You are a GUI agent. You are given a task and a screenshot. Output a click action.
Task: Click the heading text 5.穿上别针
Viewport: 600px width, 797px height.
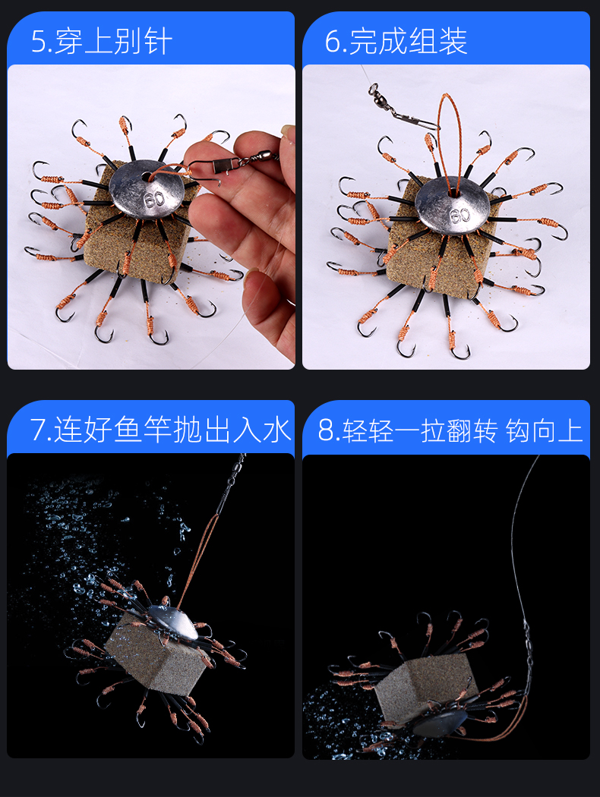(101, 41)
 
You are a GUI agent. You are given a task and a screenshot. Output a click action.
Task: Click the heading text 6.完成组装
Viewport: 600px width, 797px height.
(396, 41)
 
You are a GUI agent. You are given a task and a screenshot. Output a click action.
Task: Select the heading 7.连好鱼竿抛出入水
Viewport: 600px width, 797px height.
(160, 430)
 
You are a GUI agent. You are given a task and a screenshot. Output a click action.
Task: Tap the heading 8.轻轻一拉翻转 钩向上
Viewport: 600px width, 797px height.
(450, 430)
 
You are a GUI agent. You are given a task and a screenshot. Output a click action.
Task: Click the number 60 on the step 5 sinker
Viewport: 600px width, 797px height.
(154, 198)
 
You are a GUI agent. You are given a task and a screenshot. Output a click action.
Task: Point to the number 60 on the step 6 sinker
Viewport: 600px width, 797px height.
(460, 216)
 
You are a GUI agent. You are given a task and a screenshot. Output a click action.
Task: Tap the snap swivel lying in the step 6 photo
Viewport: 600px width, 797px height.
(403, 108)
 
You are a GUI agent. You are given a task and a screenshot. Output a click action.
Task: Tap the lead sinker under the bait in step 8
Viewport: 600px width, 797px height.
(439, 723)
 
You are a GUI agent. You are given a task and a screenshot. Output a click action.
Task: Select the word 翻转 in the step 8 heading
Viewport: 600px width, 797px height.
(470, 430)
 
